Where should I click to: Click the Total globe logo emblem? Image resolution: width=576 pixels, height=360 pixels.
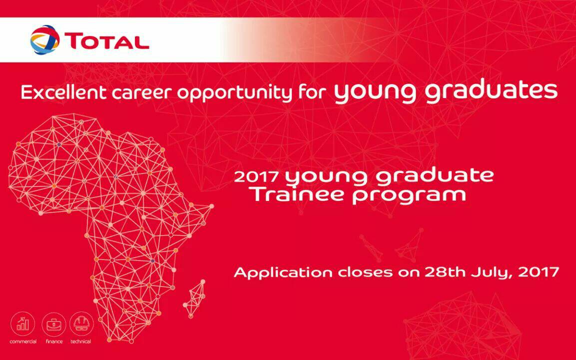coord(45,39)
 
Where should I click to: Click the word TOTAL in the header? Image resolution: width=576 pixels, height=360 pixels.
coord(107,41)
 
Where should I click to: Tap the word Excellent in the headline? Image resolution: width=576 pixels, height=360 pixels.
coord(63,92)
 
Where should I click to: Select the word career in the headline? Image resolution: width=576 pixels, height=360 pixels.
coord(142,93)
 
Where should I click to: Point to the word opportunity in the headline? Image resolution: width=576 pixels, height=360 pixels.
coord(234,93)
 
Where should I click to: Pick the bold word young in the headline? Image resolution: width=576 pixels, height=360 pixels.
coord(375,93)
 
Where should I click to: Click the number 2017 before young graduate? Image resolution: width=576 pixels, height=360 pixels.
coord(256,176)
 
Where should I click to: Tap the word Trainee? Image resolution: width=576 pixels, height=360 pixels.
coord(298,194)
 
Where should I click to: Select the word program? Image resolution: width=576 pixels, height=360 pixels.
coord(409,195)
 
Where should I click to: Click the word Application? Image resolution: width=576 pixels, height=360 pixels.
coord(283,273)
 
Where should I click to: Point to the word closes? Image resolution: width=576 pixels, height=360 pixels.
coord(365,272)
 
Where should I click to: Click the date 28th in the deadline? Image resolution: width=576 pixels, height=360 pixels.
coord(445,272)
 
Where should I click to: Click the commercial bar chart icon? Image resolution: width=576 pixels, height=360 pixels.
coord(23,324)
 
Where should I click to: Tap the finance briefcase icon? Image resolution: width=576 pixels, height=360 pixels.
coord(53,324)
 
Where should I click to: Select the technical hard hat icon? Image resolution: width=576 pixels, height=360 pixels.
coord(81,323)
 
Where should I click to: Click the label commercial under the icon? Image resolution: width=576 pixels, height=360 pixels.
coord(23,341)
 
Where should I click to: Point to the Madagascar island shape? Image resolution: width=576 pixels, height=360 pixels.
coord(194,298)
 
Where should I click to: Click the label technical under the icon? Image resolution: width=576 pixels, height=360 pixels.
coord(81,341)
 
